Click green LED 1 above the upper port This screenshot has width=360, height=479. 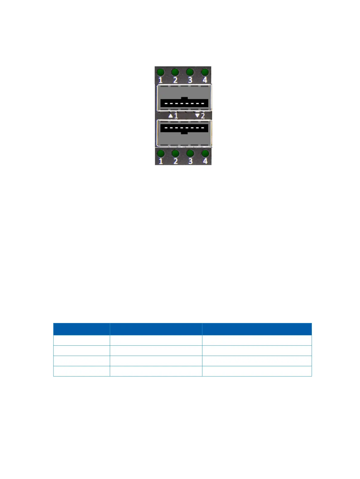[x=160, y=72]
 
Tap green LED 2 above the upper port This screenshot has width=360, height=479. [x=175, y=72]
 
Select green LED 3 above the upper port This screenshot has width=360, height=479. [x=190, y=72]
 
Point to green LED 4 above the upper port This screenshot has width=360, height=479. [x=205, y=72]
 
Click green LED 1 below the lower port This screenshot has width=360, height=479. [x=161, y=153]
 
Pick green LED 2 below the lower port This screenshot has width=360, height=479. [x=175, y=153]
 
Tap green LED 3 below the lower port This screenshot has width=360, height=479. [x=190, y=153]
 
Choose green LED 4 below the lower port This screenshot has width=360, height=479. [x=205, y=153]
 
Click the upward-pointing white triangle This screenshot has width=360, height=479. [x=171, y=116]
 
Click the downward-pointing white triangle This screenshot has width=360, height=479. [x=197, y=116]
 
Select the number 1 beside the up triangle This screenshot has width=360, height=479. [x=176, y=116]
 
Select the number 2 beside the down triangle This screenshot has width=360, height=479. [x=203, y=116]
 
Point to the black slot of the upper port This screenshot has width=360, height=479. [x=184, y=103]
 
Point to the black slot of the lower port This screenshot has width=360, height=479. [x=184, y=129]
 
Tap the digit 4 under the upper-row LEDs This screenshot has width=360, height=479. [x=205, y=80]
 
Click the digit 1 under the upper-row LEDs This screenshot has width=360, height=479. [x=160, y=80]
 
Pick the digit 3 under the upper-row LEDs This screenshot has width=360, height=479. [x=190, y=80]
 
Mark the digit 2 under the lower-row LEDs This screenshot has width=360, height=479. [x=175, y=161]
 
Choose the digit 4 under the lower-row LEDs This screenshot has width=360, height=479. [x=205, y=161]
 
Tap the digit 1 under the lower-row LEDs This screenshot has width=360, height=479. [x=161, y=161]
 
